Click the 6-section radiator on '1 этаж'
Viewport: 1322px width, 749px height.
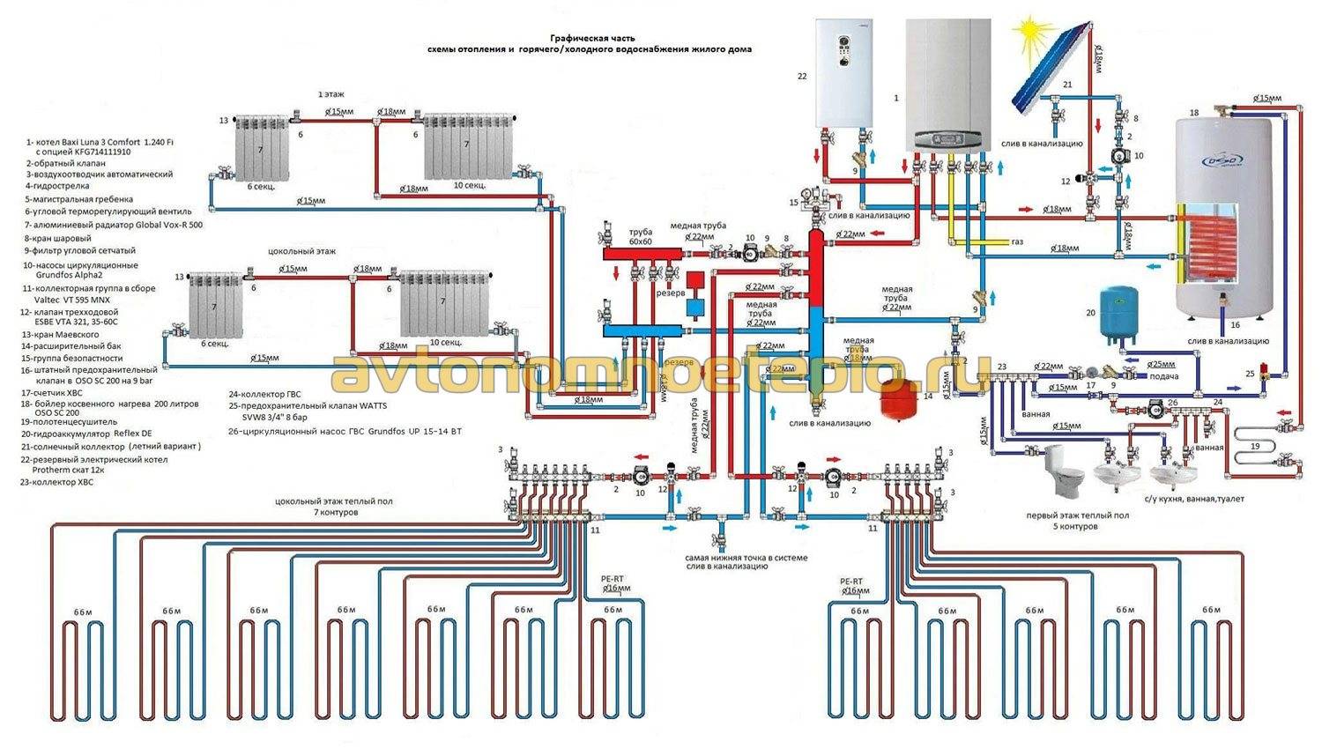coord(261,148)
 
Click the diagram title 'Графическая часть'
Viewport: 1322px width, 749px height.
coord(591,38)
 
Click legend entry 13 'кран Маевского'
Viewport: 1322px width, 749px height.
coord(61,335)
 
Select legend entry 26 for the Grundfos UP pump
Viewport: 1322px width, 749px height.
coord(344,432)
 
